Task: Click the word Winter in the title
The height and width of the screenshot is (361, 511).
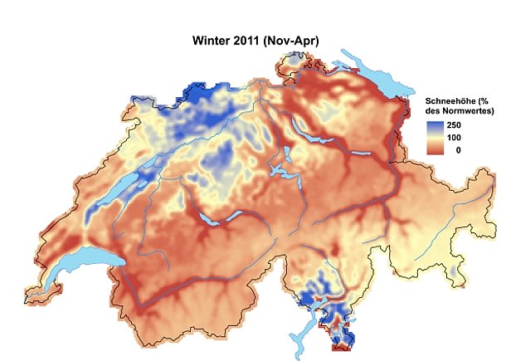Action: click(214, 39)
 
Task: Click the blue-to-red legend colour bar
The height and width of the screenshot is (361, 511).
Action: click(436, 137)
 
